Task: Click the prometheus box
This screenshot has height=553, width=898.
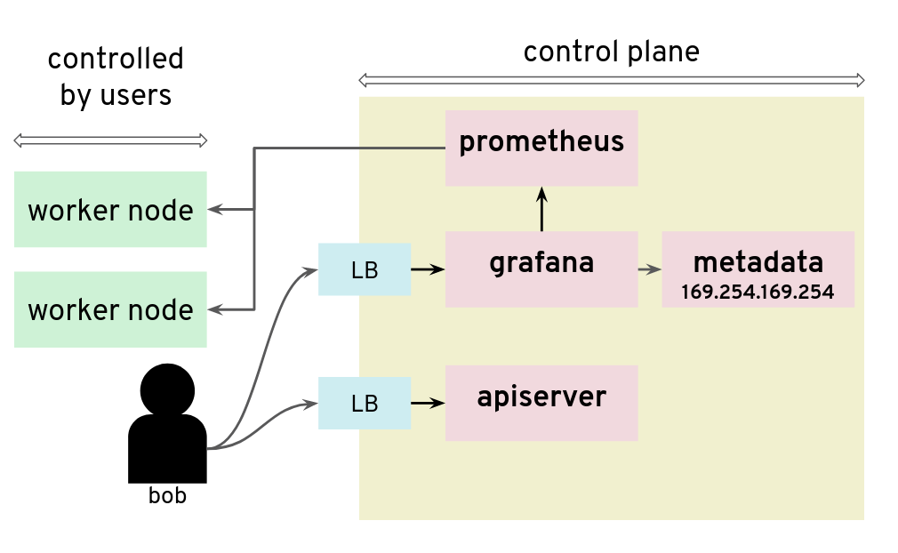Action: coord(541,148)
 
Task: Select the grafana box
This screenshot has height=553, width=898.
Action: coord(541,268)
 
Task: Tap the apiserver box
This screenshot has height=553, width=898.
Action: coord(541,402)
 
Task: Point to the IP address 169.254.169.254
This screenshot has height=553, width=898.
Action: coord(758,292)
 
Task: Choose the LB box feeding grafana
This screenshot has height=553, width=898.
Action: coord(365,269)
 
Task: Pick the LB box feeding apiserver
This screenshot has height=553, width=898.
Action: coord(365,403)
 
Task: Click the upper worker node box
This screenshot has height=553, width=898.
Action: coord(110,210)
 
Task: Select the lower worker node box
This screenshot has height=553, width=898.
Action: coord(110,309)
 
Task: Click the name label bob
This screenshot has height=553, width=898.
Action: coord(167,496)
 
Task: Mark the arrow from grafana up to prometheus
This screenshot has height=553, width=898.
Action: coord(541,210)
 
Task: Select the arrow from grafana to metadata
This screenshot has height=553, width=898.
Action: coord(649,268)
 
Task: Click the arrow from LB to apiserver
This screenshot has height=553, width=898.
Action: coord(428,403)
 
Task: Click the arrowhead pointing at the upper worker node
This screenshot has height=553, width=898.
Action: coord(215,210)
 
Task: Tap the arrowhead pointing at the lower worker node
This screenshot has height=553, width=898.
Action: coord(215,309)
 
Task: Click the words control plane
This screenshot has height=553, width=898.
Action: coord(611,52)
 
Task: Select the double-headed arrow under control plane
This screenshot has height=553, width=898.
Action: coord(611,81)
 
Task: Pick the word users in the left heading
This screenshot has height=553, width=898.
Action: coord(136,94)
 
